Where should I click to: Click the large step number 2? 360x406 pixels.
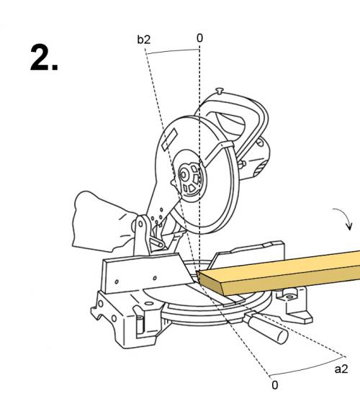point(45,58)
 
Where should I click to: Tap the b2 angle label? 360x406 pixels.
point(144,40)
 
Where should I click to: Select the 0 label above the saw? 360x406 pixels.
point(199,38)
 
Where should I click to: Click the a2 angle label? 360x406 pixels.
point(341,369)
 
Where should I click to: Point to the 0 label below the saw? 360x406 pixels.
point(275,385)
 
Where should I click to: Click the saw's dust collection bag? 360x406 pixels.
point(102,222)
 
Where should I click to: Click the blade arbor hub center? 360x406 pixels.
point(184,175)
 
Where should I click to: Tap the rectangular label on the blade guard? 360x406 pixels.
point(170,139)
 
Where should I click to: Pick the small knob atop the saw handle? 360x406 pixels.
point(220,91)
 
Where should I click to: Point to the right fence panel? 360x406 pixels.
point(248,254)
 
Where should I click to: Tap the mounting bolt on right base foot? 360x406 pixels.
point(289,297)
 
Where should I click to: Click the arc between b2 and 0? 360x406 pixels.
point(173,50)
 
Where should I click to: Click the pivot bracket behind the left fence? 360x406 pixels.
point(142,235)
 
